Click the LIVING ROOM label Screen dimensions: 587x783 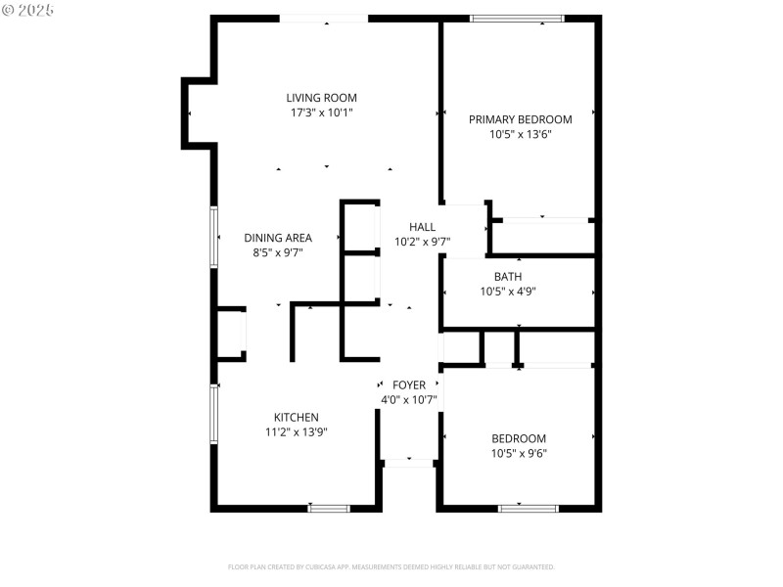(321, 98)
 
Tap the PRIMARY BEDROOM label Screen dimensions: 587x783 (520, 119)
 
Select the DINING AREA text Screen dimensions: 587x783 (278, 238)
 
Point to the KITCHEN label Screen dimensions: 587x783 (296, 418)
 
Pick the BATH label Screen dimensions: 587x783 (507, 277)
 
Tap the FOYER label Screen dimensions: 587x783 (409, 385)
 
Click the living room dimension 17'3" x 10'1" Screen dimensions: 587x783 (321, 113)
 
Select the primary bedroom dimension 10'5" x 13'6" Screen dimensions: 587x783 (521, 135)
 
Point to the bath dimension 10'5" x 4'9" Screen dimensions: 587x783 (507, 292)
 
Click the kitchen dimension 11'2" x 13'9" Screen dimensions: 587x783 (296, 431)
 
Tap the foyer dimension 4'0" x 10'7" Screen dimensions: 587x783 (409, 400)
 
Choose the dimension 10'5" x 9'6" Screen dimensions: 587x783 (519, 453)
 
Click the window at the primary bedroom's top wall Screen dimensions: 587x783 (517, 18)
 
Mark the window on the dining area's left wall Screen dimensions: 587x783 (214, 236)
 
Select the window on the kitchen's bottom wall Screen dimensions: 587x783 (329, 508)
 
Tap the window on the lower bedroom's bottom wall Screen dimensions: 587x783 (528, 508)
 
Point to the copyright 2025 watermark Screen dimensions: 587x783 (28, 9)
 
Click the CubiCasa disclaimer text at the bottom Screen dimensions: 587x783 (391, 566)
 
